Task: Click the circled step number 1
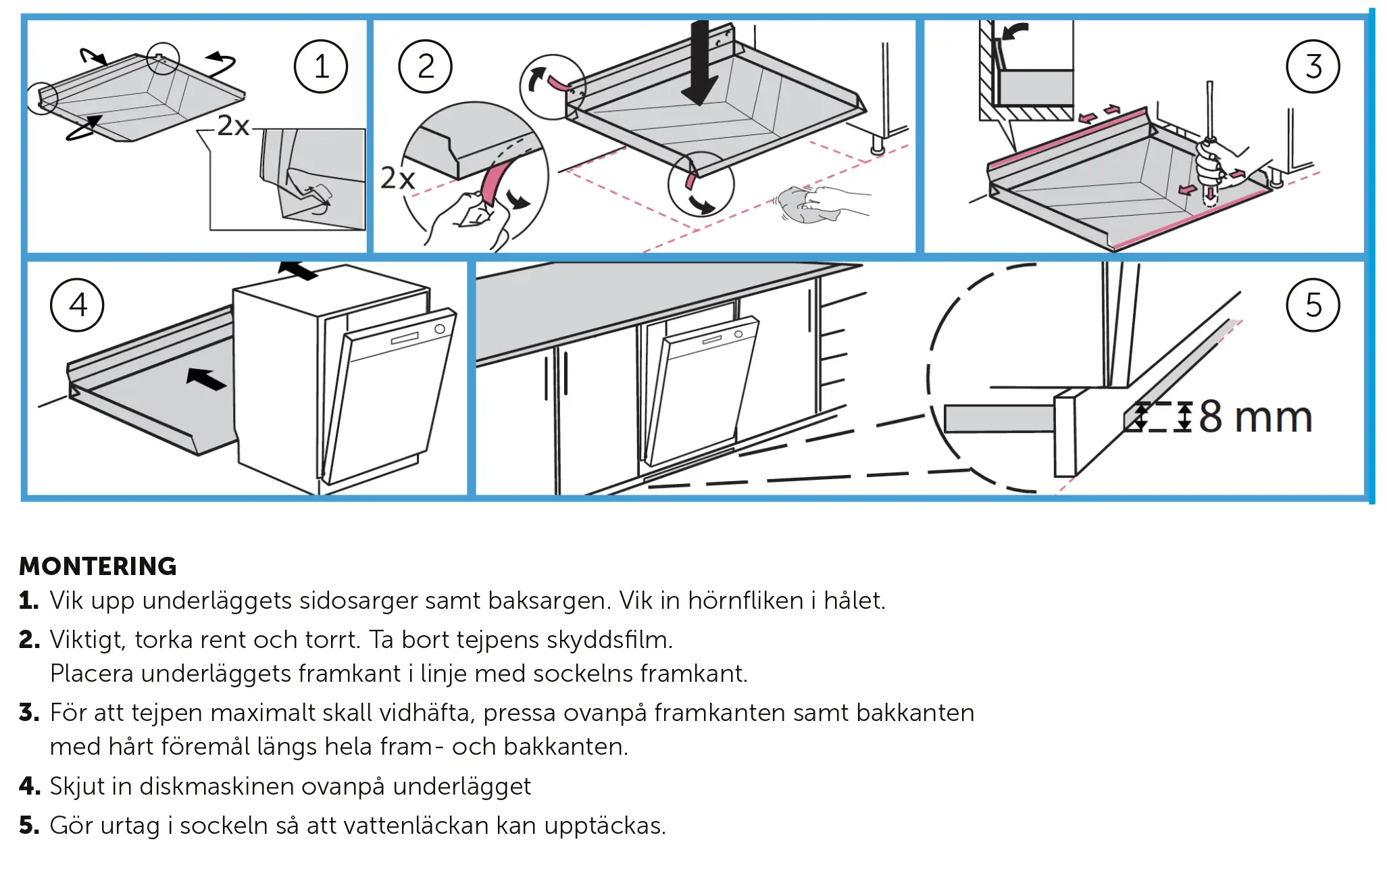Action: pyautogui.click(x=321, y=66)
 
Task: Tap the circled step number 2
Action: pyautogui.click(x=425, y=66)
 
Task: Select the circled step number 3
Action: pyautogui.click(x=1313, y=66)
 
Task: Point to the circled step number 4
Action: pyautogui.click(x=77, y=305)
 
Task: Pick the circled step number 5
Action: pyautogui.click(x=1313, y=305)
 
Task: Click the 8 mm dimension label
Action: pyautogui.click(x=1255, y=417)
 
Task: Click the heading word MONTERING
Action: pyautogui.click(x=98, y=566)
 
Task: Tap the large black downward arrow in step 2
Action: pyautogui.click(x=700, y=64)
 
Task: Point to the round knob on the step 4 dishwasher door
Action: pyautogui.click(x=440, y=329)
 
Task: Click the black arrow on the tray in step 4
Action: pyautogui.click(x=206, y=379)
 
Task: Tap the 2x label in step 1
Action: pyautogui.click(x=233, y=126)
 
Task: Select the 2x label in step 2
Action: pyautogui.click(x=397, y=178)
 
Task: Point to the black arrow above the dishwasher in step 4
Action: pyautogui.click(x=298, y=270)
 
